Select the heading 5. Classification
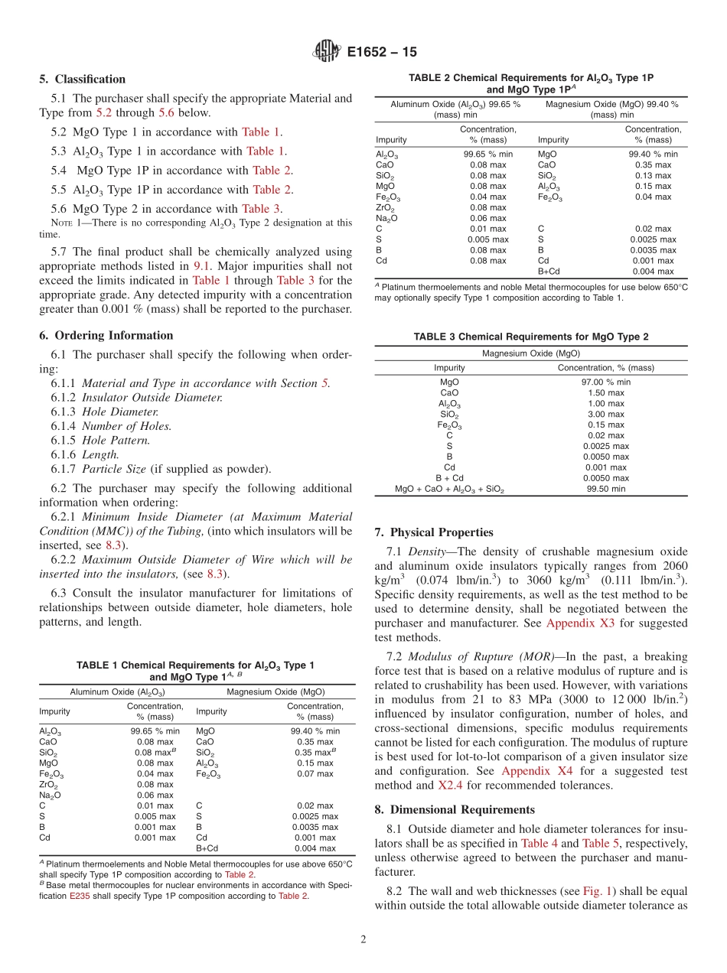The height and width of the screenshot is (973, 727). coord(82,79)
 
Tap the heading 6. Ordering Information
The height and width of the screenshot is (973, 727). coord(106,335)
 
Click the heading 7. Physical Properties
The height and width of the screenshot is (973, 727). coord(434,532)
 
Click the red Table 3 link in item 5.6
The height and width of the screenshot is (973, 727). coord(262,209)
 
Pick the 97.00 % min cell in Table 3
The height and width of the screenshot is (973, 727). coord(605,382)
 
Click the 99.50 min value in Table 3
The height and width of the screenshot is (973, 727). coord(605,489)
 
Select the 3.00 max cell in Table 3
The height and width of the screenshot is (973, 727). coord(605,414)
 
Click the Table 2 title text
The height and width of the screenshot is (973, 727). coord(530,83)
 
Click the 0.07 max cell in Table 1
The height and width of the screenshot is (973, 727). coord(315,773)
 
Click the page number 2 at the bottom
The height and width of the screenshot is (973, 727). coord(363,940)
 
